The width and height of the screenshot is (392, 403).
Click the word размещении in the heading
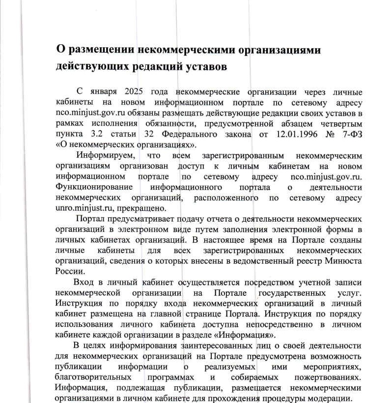pyautogui.click(x=101, y=50)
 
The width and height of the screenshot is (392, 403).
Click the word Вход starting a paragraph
pyautogui.click(x=84, y=282)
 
